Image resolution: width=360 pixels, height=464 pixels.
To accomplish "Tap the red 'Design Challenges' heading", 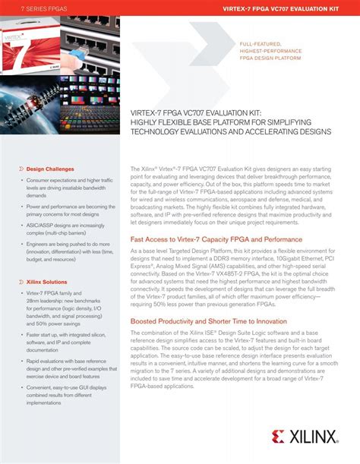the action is pyautogui.click(x=50, y=169).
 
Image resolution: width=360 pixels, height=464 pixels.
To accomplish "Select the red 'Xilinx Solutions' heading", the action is pyautogui.click(x=49, y=302).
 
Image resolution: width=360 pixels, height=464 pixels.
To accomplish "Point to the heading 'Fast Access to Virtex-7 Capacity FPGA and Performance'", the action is pyautogui.click(x=216, y=238).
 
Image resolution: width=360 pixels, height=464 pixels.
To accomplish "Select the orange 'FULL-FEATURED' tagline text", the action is pyautogui.click(x=261, y=45).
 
